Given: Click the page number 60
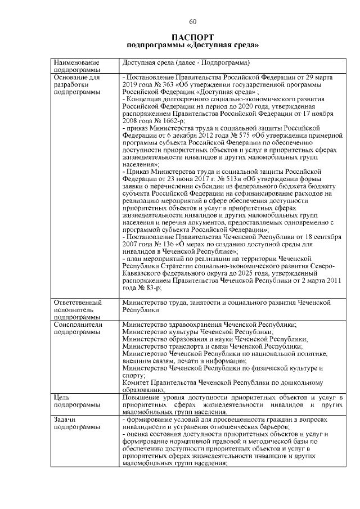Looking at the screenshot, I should [x=192, y=21].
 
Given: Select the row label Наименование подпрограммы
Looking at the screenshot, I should [x=76, y=66].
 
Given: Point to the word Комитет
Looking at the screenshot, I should [x=137, y=382].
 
